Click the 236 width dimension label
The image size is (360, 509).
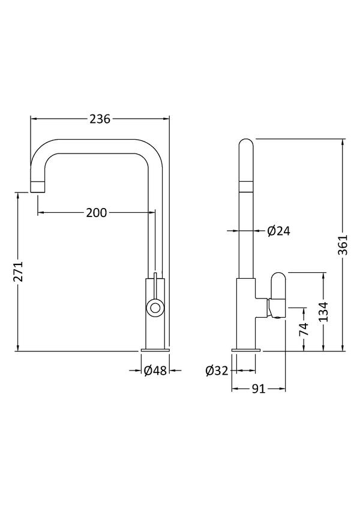pos(100,119)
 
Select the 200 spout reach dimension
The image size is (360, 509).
pos(97,213)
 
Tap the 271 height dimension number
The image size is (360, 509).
pos(19,272)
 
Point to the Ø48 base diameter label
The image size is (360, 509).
pos(155,370)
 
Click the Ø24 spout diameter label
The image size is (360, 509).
pos(279,231)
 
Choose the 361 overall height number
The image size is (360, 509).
pos(343,245)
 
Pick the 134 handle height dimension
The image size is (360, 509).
pos(323,312)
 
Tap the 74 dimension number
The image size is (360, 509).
pos(304,330)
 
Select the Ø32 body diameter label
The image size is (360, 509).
pos(217,371)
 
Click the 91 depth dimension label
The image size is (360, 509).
pos(259,388)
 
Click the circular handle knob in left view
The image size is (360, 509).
pos(154,307)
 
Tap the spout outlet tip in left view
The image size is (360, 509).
pos(37,187)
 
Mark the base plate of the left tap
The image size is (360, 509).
pos(155,350)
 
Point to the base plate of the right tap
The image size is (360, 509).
pos(246,350)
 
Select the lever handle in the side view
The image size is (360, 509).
pos(277,295)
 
